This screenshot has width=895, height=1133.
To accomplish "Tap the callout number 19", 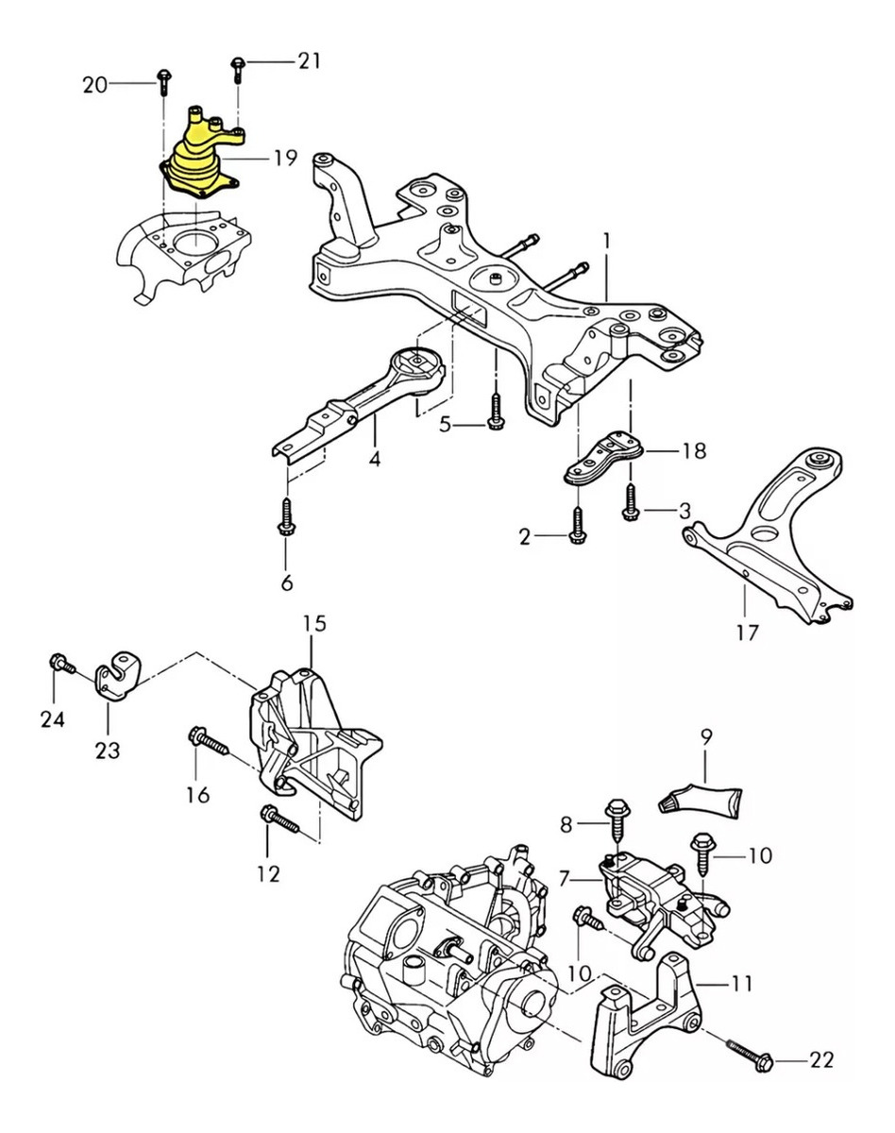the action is click(x=286, y=158).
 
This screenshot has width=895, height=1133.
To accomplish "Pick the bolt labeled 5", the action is click(x=495, y=412).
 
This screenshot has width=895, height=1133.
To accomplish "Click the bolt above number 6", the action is click(x=287, y=516).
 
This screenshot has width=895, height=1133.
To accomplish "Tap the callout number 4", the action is click(x=374, y=459).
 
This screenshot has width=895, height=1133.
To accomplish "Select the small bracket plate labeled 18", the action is click(x=604, y=458).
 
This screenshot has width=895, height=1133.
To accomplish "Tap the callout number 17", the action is click(x=747, y=633).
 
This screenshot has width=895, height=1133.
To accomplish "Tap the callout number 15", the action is click(x=314, y=624).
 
